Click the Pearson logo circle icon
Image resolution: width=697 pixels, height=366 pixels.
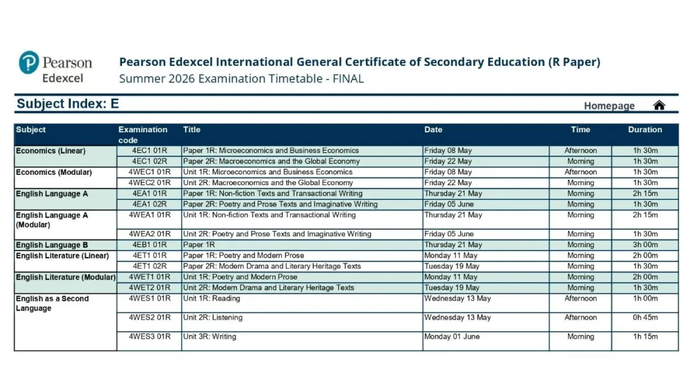(29, 63)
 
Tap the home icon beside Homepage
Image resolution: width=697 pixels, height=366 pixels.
(659, 105)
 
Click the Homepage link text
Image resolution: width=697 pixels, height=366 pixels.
(609, 106)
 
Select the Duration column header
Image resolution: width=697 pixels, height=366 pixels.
(645, 130)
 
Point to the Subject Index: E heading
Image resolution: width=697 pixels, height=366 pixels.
(68, 104)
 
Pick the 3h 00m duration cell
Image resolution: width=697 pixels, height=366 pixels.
(645, 245)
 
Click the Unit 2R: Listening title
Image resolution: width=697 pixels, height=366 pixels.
(213, 318)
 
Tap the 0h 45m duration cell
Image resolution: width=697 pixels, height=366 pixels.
(645, 318)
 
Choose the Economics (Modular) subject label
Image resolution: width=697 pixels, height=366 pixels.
(54, 172)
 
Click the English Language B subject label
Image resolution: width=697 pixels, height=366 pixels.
(52, 245)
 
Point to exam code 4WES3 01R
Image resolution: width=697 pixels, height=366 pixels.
(149, 337)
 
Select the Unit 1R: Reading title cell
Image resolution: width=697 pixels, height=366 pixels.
(212, 299)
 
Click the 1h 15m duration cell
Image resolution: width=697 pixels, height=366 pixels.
(645, 337)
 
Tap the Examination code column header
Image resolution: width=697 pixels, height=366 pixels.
(143, 134)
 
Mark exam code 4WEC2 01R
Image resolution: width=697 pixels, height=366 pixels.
(149, 183)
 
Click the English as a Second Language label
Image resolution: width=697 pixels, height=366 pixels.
(52, 303)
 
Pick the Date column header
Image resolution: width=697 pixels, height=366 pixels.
(433, 130)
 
